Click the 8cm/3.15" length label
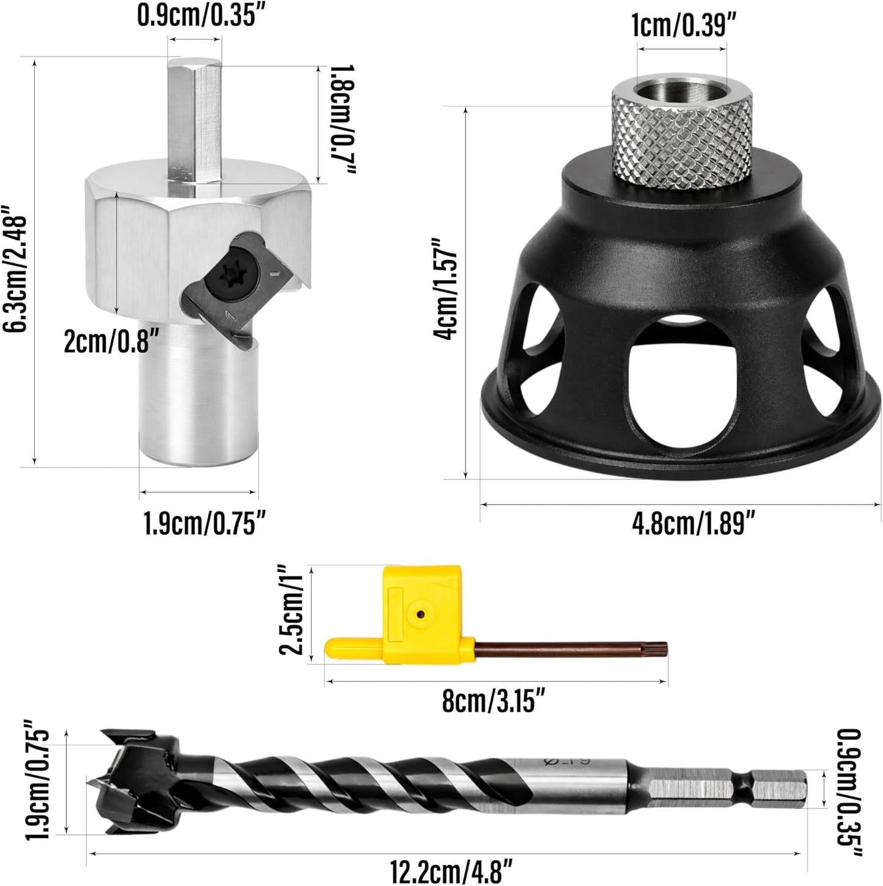[494, 701]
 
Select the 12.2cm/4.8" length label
[451, 869]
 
